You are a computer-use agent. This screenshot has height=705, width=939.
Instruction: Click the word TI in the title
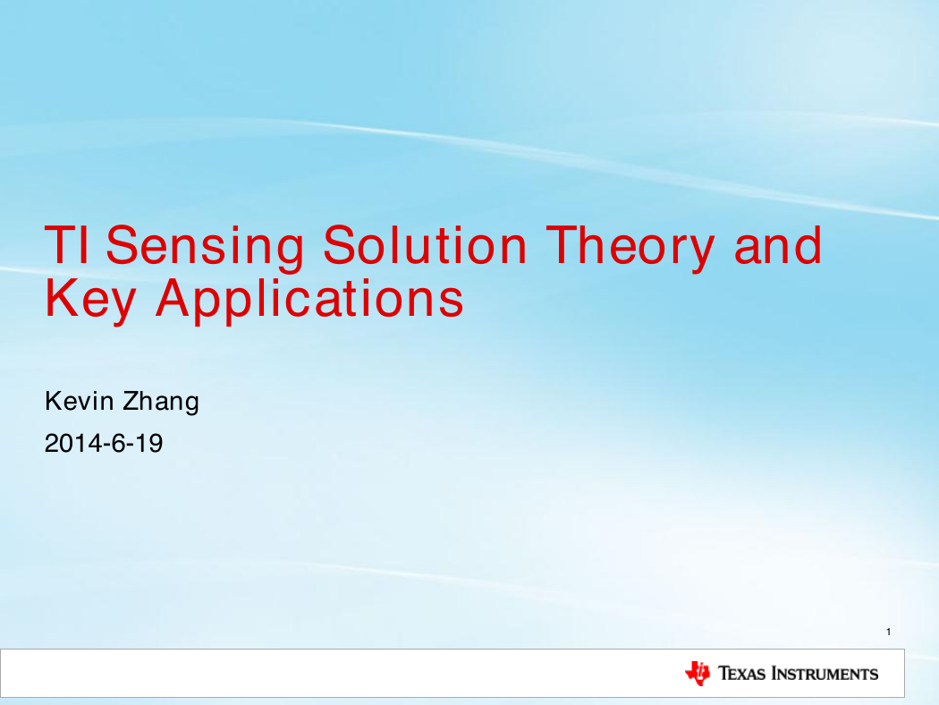click(66, 244)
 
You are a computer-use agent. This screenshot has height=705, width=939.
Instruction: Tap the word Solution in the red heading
click(425, 244)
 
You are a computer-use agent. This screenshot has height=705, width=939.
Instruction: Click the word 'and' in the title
click(778, 244)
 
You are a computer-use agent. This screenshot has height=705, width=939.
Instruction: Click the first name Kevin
click(79, 401)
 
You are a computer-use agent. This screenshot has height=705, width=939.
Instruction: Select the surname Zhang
click(160, 403)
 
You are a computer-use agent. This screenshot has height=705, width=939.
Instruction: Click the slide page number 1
click(889, 632)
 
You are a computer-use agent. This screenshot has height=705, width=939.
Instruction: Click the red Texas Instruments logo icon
click(698, 674)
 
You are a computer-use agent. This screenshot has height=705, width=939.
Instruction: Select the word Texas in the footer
click(742, 674)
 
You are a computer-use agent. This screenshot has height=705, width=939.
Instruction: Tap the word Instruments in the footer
click(825, 674)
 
